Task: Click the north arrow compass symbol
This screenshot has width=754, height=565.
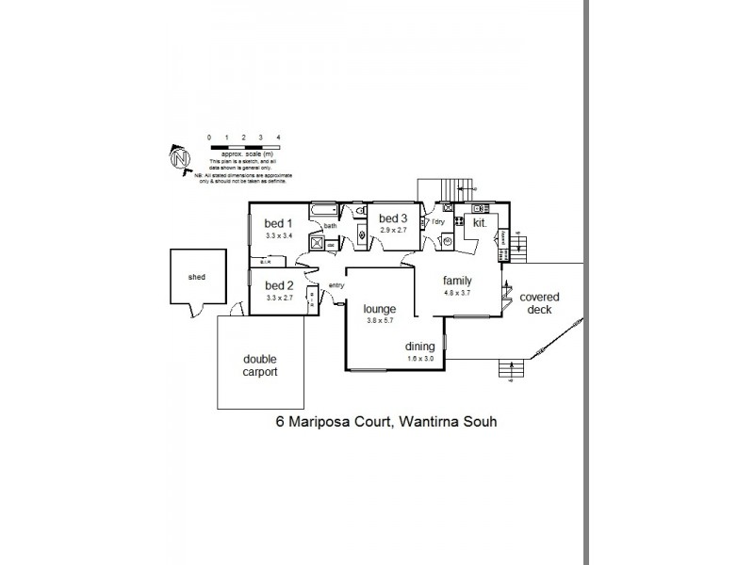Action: point(179,160)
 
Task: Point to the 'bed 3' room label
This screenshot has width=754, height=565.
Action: point(393,218)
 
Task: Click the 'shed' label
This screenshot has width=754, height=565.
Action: point(197,278)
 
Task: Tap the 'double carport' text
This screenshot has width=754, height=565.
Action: point(260,365)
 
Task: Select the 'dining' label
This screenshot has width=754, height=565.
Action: point(421,346)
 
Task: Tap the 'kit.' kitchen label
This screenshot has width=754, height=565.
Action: point(480,223)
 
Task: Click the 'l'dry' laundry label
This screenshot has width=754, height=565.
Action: point(438,222)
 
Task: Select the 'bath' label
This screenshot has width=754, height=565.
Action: point(330,226)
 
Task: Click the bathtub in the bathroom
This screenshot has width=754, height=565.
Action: point(322,209)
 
